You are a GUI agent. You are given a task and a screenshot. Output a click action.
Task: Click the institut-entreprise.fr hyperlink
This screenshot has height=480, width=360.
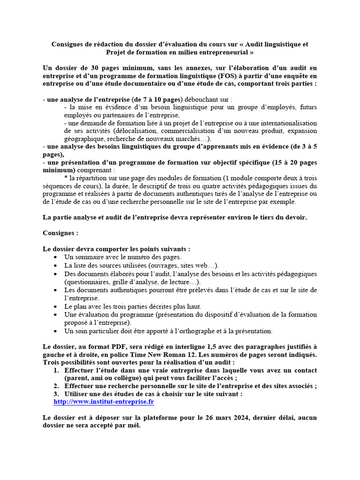click(x=104, y=402)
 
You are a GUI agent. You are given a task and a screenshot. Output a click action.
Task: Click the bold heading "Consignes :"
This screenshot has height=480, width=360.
click(x=60, y=233)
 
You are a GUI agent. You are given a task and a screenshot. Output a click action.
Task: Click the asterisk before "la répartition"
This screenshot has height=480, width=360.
click(x=66, y=178)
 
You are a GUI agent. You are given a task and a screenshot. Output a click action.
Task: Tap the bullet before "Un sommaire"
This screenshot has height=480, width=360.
click(x=56, y=257)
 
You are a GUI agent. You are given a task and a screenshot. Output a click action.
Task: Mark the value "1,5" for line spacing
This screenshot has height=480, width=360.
click(x=213, y=346)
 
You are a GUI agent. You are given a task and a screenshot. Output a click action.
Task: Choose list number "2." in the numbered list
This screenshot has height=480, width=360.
click(x=56, y=386)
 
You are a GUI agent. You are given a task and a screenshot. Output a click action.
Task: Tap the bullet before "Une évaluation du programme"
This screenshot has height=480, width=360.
click(x=56, y=315)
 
